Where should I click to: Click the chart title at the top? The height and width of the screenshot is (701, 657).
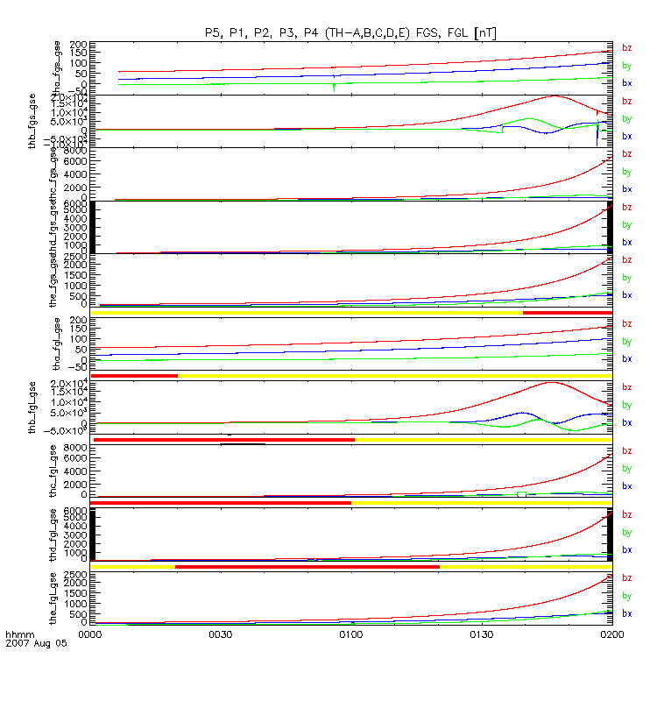click(x=350, y=33)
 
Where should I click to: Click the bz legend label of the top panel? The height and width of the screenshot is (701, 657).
click(x=626, y=48)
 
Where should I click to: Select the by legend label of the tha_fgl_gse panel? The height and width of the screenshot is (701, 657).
click(x=626, y=342)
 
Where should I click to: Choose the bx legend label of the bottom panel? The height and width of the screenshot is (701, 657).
click(x=626, y=613)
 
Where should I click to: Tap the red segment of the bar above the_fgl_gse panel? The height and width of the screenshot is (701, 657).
click(x=307, y=567)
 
